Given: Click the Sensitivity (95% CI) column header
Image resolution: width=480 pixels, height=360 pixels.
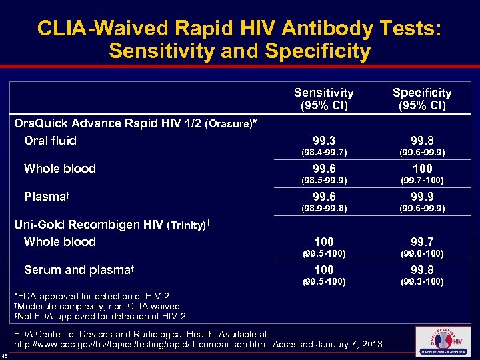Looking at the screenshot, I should point(323,99).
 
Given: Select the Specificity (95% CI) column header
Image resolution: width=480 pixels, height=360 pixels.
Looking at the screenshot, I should point(421,99).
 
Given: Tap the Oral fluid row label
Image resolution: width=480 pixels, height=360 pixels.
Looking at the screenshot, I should point(50,141).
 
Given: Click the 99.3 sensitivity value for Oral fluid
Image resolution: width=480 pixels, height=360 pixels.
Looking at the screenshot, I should point(323,141).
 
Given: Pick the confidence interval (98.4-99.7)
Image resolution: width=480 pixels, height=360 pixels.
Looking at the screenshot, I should point(323,153).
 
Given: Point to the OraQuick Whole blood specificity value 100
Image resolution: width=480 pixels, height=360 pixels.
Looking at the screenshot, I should point(421,169).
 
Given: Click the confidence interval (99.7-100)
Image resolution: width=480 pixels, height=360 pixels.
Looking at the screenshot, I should point(421,181).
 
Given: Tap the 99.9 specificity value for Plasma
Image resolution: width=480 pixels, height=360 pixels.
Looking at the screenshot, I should point(421,197).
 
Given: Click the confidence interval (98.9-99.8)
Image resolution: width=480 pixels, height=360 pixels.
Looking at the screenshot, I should point(323,209).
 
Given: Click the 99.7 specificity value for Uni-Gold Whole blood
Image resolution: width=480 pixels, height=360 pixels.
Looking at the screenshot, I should point(421,242).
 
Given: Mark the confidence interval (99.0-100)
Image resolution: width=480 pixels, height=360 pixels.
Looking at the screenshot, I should point(421,254).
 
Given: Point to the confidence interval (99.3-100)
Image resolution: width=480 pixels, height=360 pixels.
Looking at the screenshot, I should point(421,282).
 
